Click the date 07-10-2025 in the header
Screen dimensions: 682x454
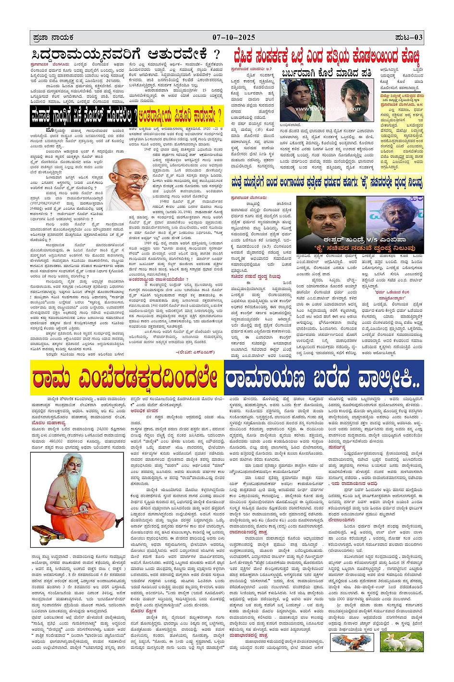[233, 38]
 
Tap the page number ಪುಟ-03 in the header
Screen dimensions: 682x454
[408, 38]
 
